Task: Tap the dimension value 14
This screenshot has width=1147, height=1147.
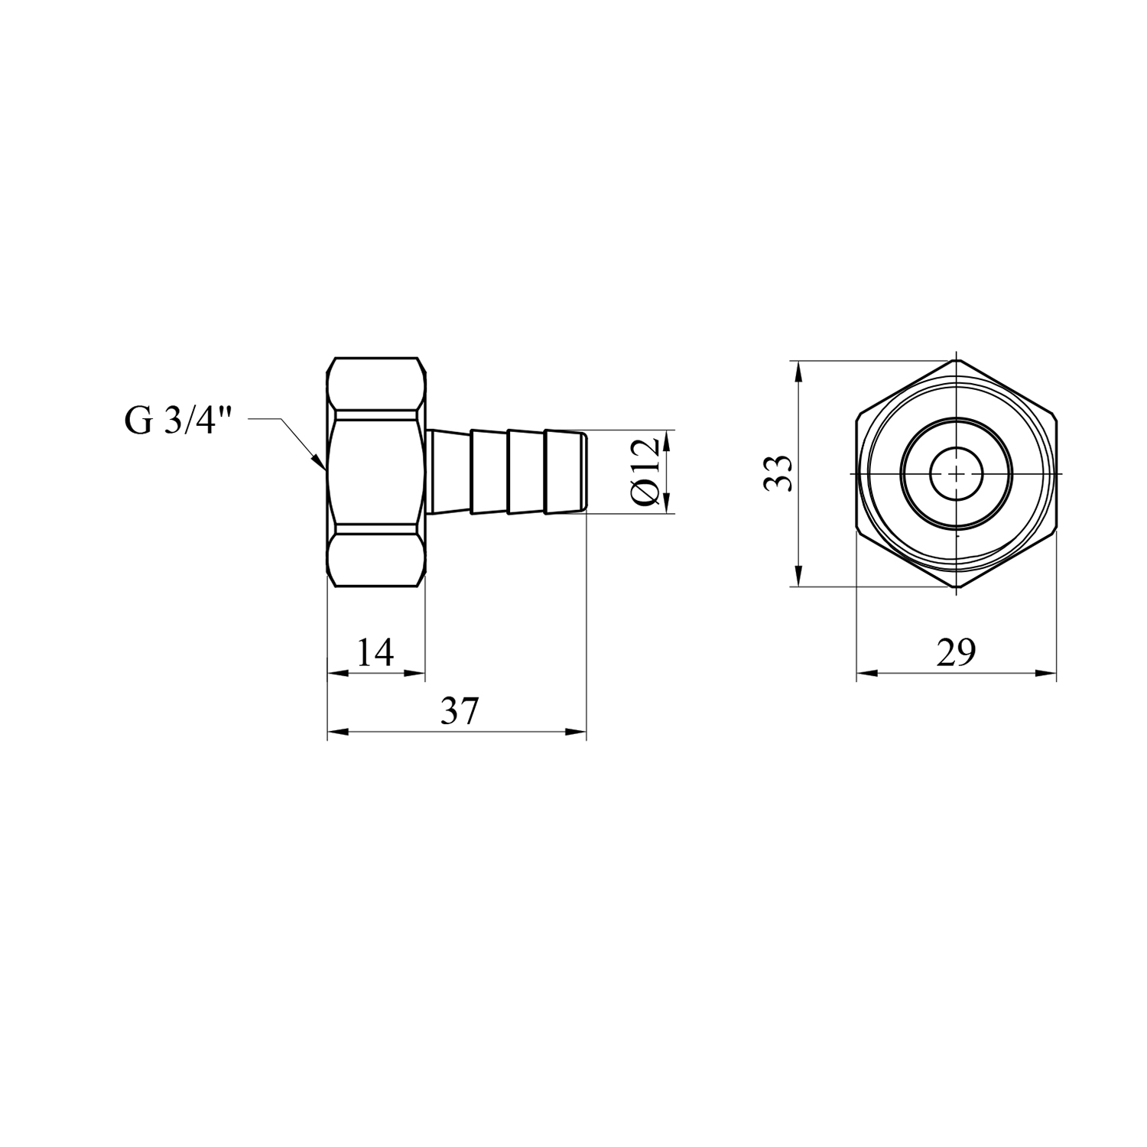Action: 375,653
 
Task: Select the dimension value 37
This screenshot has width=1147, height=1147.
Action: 460,712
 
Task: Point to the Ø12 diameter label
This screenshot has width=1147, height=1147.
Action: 645,472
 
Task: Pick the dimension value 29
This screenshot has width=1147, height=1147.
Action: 957,653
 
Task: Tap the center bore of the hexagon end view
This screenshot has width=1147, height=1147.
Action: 956,474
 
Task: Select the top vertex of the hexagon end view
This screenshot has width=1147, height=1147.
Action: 956,359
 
